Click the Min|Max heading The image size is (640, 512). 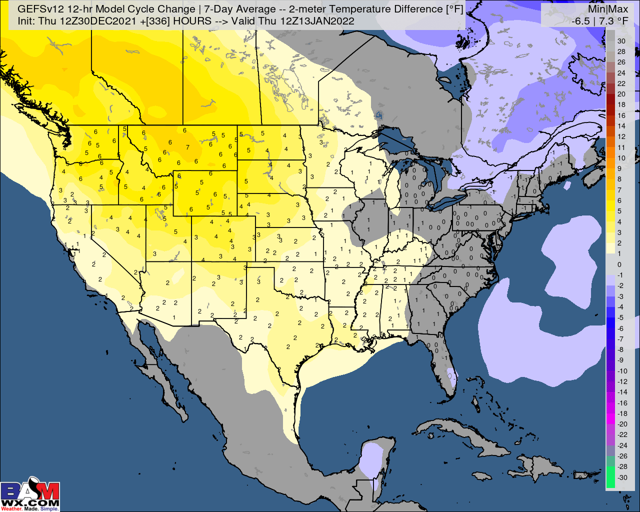(608, 9)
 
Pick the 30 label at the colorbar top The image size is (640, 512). (621, 41)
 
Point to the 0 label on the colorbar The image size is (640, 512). (619, 264)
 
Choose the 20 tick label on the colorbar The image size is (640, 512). (621, 94)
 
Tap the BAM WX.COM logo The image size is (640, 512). (30, 495)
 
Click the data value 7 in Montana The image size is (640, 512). (187, 147)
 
